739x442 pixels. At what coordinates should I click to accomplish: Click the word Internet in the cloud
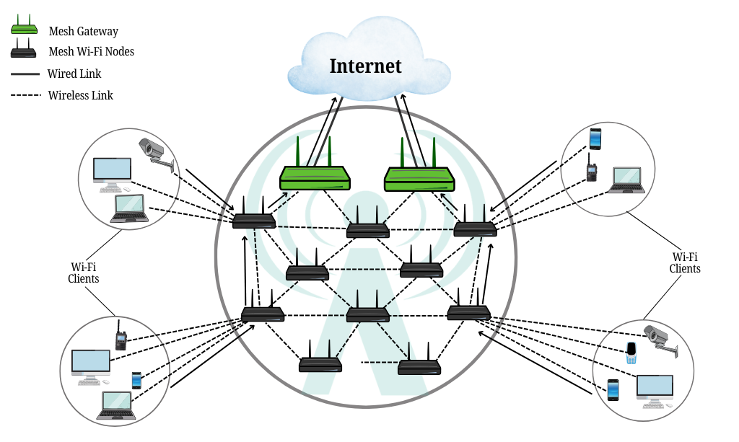(365, 66)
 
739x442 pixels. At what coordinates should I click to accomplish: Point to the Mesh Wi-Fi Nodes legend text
(91, 52)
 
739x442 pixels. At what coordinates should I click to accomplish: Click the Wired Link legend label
(74, 74)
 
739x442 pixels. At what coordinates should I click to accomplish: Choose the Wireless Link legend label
(80, 95)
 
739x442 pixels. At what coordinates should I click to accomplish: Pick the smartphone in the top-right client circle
(595, 138)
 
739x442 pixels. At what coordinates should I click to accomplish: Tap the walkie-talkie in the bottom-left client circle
(121, 336)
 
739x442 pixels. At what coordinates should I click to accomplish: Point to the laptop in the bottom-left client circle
(116, 405)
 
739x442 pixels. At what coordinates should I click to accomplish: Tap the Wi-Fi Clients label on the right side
(685, 263)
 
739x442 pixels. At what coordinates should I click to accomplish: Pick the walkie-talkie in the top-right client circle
(591, 170)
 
